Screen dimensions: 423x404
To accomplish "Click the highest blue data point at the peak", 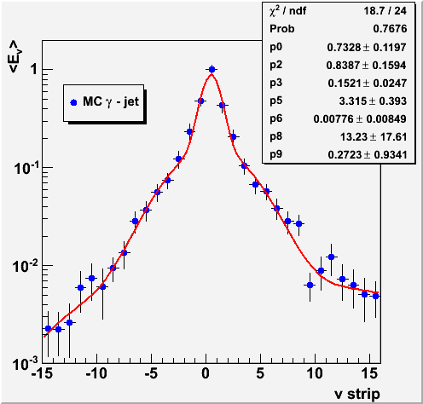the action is tap(211, 69).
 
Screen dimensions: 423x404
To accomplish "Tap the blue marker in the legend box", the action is tap(73, 102).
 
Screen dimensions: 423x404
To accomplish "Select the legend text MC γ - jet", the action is tap(111, 101).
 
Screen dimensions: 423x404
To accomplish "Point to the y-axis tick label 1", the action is tap(34, 69).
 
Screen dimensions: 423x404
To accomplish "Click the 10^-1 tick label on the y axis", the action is tap(26, 168).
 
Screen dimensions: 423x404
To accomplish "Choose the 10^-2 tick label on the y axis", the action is tap(26, 266).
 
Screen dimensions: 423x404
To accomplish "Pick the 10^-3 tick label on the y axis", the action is tap(26, 364).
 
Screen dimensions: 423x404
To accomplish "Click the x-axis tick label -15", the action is tap(42, 373).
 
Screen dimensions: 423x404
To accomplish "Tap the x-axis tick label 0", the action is tap(206, 373).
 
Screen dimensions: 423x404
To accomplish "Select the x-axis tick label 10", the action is tap(315, 373).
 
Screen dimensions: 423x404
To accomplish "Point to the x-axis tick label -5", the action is tap(151, 373).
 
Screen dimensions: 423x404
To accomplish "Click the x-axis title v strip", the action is tap(356, 395).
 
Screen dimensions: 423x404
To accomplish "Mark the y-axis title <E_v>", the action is tap(15, 56).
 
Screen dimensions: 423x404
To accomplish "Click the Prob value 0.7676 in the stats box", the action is tap(390, 29).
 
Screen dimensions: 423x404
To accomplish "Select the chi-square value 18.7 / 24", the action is tap(385, 11).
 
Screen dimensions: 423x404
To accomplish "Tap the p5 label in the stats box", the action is tap(275, 101).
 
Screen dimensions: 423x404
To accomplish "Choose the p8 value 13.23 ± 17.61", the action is tap(374, 137).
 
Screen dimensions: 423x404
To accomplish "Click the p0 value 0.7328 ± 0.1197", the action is tap(367, 47).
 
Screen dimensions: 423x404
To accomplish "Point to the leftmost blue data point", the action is tap(48, 329).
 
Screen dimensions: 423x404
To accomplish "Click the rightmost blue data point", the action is tap(375, 296).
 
